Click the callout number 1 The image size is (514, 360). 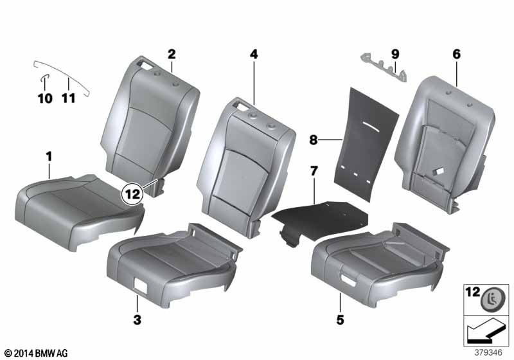(48, 156)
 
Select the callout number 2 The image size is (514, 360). (172, 53)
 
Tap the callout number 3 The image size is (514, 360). (137, 319)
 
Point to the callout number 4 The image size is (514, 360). (254, 55)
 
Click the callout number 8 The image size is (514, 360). (314, 138)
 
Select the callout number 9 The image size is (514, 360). (395, 53)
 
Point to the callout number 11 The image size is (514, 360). (68, 98)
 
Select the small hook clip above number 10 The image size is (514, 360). (44, 80)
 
